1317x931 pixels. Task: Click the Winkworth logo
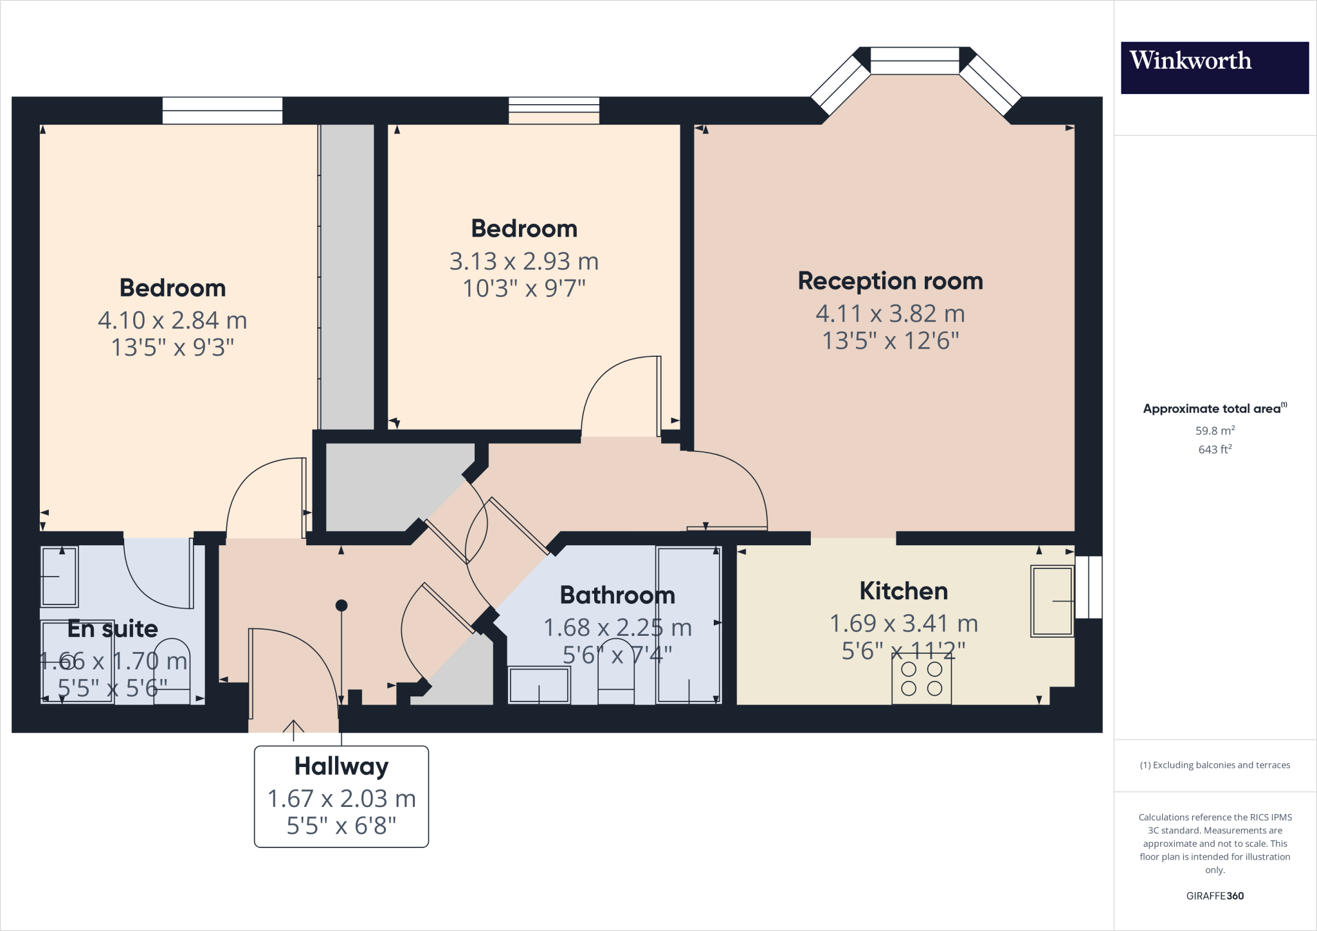tap(1214, 68)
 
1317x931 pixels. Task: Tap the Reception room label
tap(891, 281)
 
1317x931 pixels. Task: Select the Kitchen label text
tap(904, 591)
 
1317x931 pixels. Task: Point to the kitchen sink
tap(1052, 601)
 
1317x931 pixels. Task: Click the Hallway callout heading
tap(341, 766)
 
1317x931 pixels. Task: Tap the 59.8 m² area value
tap(1215, 430)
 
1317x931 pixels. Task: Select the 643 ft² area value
tap(1215, 449)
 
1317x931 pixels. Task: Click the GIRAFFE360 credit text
tap(1215, 896)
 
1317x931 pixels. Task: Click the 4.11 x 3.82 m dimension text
tap(891, 314)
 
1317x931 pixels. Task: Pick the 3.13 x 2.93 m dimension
tap(524, 261)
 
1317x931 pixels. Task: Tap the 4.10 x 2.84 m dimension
tap(172, 320)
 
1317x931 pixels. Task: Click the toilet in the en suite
tap(172, 671)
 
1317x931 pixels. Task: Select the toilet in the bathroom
tap(616, 671)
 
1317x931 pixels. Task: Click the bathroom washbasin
tap(539, 685)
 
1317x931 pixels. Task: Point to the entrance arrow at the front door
tap(293, 726)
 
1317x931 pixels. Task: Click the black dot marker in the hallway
tap(341, 605)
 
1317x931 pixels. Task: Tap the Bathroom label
tap(617, 595)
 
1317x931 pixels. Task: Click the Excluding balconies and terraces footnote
tap(1215, 765)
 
